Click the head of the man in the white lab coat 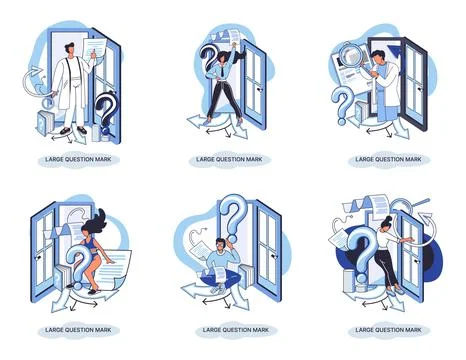(x=70, y=50)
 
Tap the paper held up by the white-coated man (x=94, y=49)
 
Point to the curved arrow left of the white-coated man (x=33, y=82)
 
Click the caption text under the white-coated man (x=78, y=159)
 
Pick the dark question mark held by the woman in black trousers (x=209, y=59)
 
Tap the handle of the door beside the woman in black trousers (x=260, y=90)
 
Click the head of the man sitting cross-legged (x=221, y=245)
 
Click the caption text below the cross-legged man (x=236, y=330)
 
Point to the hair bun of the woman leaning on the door (x=389, y=219)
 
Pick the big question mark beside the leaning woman (x=362, y=255)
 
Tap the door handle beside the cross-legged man (x=275, y=256)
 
